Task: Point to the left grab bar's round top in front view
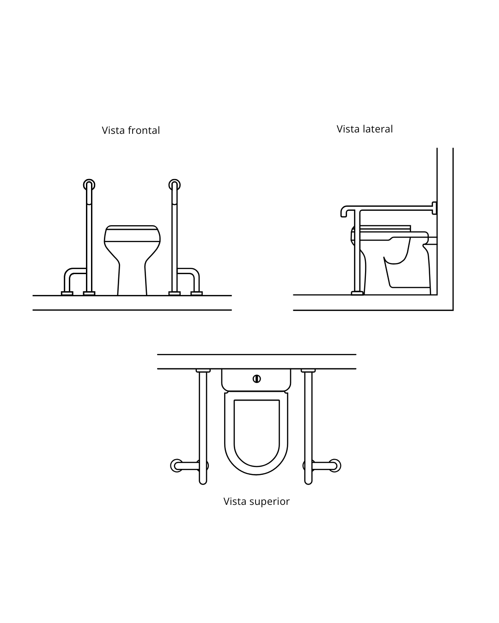pyautogui.click(x=89, y=185)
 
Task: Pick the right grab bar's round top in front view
pyautogui.click(x=175, y=185)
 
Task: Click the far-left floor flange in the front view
pyautogui.click(x=67, y=294)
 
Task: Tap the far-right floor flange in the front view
pyautogui.click(x=196, y=294)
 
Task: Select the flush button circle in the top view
pyautogui.click(x=256, y=379)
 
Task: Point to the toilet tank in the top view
pyautogui.click(x=256, y=380)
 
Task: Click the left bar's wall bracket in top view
pyautogui.click(x=203, y=371)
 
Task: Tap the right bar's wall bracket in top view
pyautogui.click(x=308, y=371)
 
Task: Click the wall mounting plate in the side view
pyautogui.click(x=434, y=208)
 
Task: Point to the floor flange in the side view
pyautogui.click(x=357, y=293)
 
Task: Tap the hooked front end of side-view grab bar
pyautogui.click(x=344, y=211)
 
